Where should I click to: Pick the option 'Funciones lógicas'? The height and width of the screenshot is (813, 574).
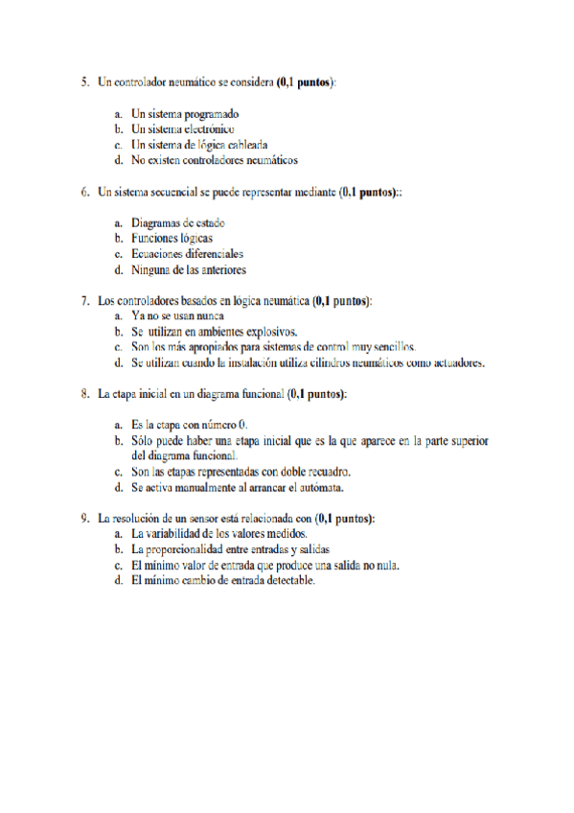tap(172, 239)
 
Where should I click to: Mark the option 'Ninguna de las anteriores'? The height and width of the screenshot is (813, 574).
tap(189, 269)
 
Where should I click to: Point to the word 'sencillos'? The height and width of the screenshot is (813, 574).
tap(391, 346)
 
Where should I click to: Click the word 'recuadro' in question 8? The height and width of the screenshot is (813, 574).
tap(326, 471)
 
